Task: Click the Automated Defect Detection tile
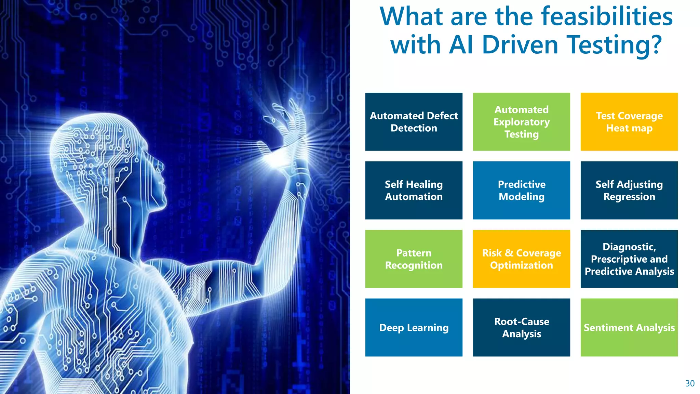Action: coord(414,122)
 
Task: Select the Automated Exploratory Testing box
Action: coord(521,122)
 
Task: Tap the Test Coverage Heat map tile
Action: coord(629,122)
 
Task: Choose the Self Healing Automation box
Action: coord(414,190)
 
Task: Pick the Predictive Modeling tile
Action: coord(521,190)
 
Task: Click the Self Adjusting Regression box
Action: coord(629,190)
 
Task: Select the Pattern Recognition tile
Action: coord(414,259)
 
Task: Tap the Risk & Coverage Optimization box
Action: coord(521,259)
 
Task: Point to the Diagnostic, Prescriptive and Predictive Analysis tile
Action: coord(629,259)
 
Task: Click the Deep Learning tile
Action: coord(414,327)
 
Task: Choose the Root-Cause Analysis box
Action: coord(521,327)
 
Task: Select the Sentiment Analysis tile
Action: coord(629,327)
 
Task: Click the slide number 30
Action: coord(690,383)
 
